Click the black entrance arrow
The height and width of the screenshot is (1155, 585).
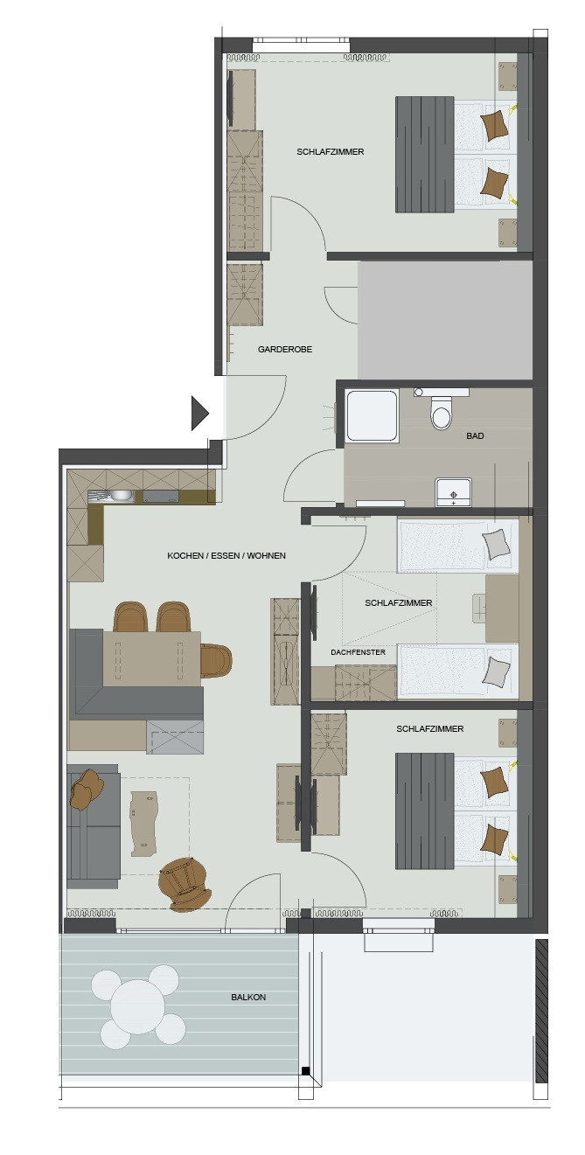[199, 413]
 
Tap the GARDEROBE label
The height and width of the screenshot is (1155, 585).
[285, 349]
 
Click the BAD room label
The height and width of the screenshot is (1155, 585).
[475, 435]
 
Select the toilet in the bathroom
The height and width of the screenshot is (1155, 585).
[441, 413]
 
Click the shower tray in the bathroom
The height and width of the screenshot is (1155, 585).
[373, 415]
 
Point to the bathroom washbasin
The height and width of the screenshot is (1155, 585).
[453, 491]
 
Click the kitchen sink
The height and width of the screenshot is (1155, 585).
[112, 496]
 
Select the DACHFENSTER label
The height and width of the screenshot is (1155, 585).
[358, 652]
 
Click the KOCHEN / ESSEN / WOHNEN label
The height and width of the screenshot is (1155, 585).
[226, 555]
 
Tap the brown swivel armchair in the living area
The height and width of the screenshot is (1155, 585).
[185, 883]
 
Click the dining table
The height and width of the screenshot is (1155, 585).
[151, 658]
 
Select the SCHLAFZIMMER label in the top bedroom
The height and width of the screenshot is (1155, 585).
[331, 151]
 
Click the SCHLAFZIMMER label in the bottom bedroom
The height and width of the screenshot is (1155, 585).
[429, 728]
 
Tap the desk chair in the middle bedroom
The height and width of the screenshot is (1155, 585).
[478, 608]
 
